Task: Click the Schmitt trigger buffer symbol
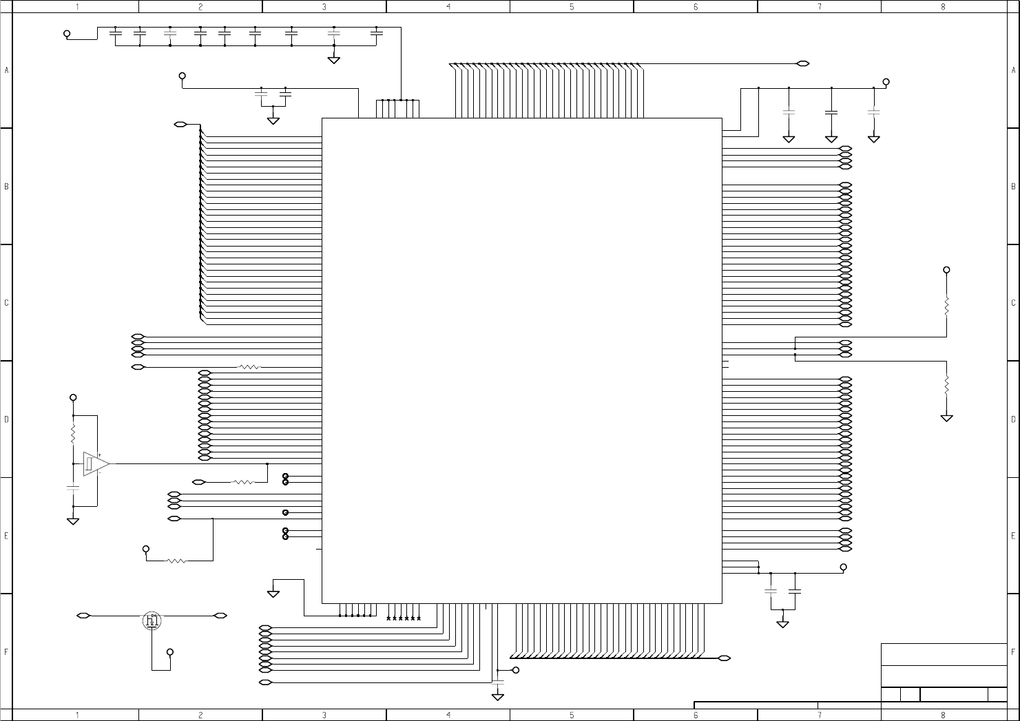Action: [x=95, y=463]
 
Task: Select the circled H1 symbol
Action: [x=152, y=620]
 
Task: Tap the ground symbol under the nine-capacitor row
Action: [x=333, y=60]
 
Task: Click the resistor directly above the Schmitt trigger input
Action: [x=73, y=434]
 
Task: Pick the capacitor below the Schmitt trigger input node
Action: [x=73, y=488]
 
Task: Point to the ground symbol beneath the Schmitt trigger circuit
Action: [x=73, y=521]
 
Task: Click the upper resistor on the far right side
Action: [x=946, y=306]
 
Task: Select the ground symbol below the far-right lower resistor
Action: [x=946, y=417]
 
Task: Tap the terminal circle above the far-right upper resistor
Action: [x=946, y=270]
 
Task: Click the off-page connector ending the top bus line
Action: [x=802, y=64]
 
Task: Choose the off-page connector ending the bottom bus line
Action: [x=724, y=658]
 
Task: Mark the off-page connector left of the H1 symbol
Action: [x=83, y=615]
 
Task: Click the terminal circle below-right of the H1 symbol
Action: [x=170, y=652]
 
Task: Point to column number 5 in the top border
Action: [x=572, y=7]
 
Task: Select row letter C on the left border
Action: [x=6, y=303]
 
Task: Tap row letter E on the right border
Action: [x=1013, y=536]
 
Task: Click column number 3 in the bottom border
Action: [x=324, y=715]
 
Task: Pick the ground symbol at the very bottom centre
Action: [x=498, y=697]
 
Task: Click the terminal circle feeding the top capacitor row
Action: [x=67, y=33]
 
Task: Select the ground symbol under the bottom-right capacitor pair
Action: [x=782, y=624]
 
